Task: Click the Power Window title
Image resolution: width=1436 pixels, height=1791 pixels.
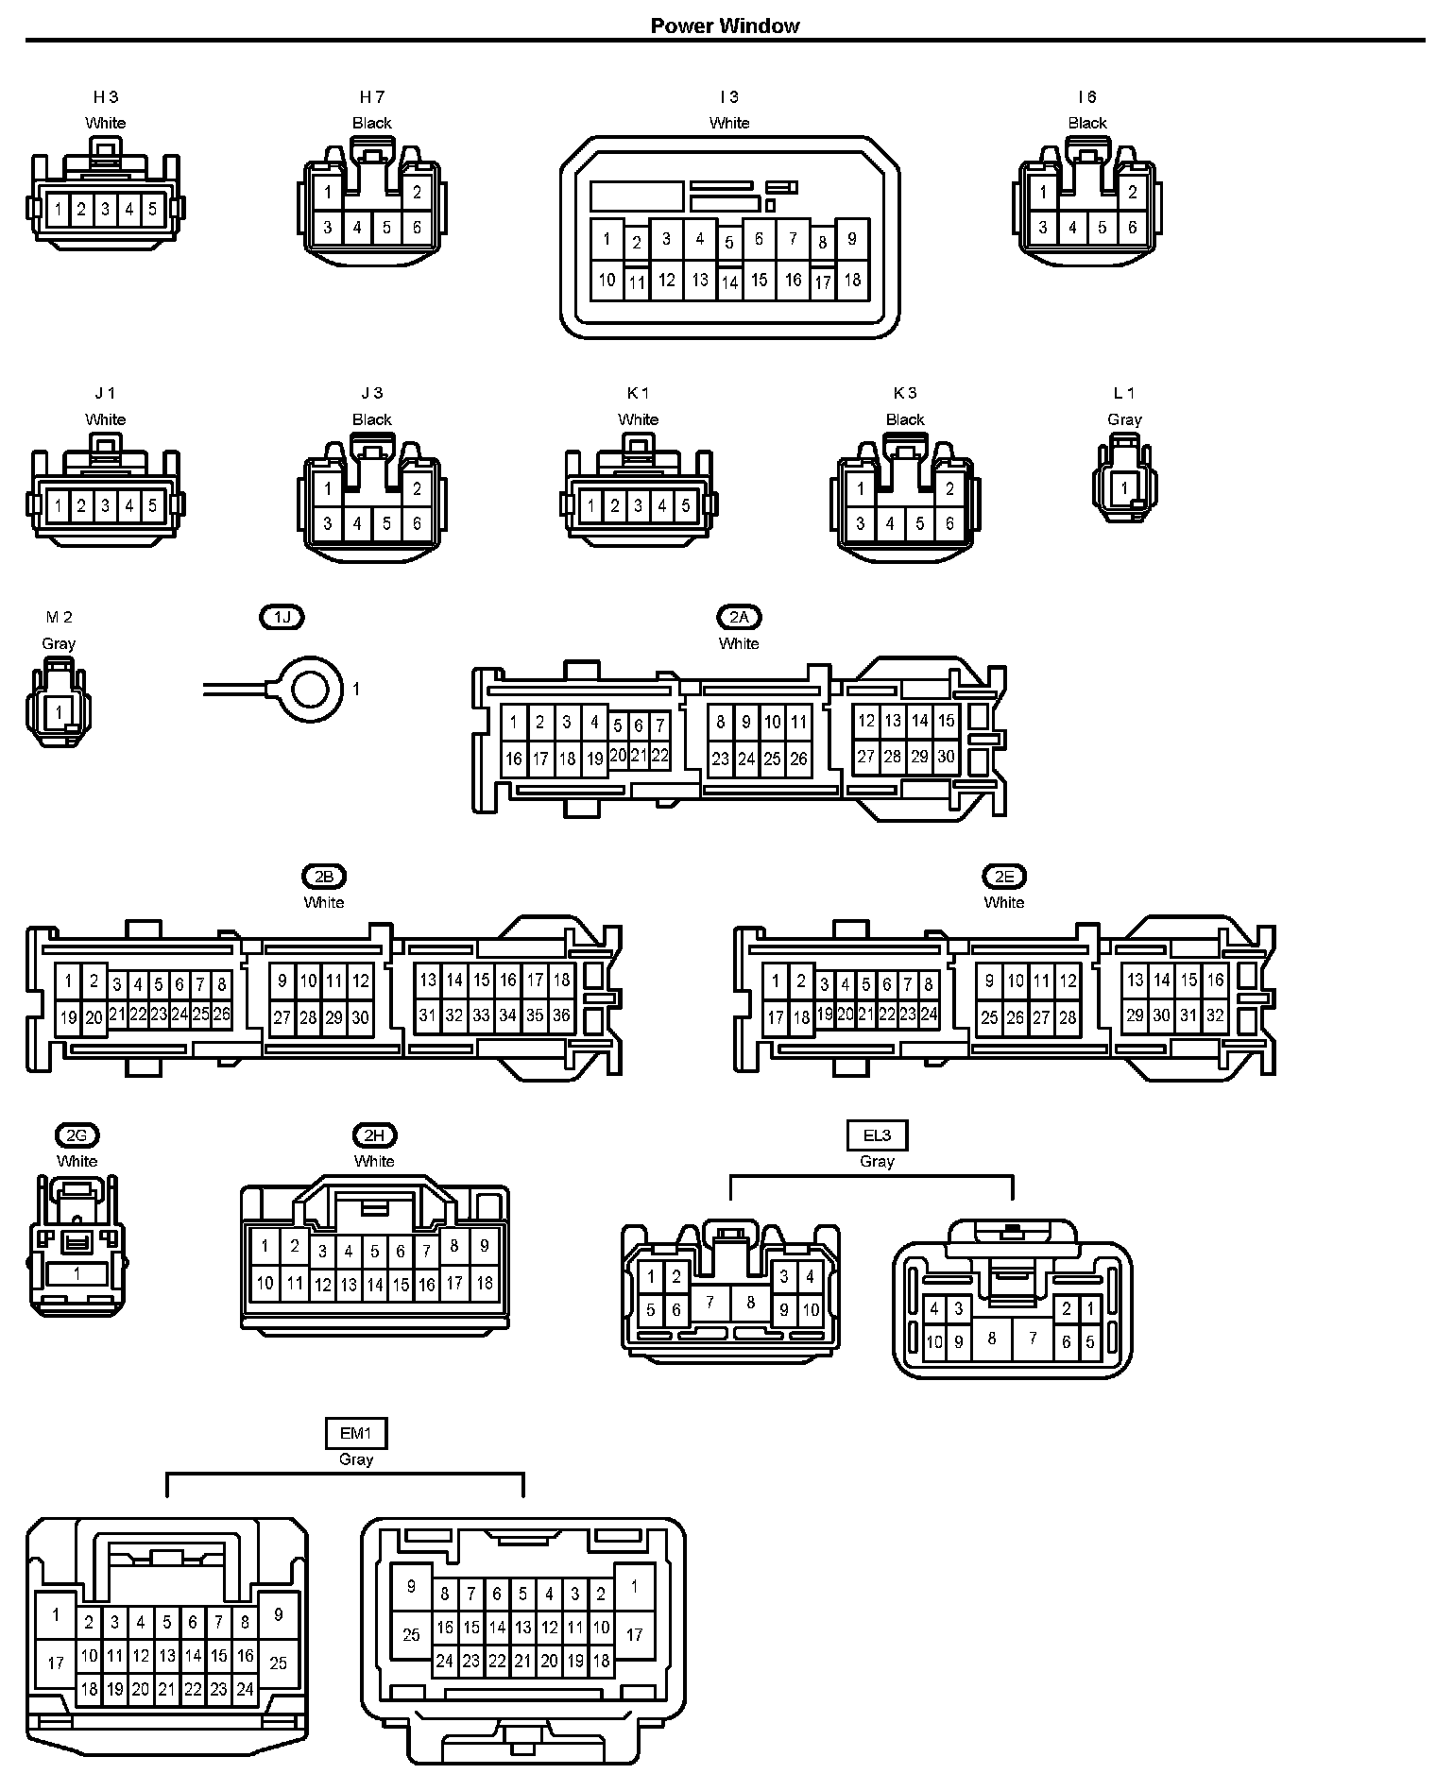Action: [x=725, y=26]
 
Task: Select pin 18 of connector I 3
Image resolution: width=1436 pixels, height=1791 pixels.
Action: [x=852, y=281]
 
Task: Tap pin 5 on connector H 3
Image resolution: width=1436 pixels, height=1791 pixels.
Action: [x=152, y=209]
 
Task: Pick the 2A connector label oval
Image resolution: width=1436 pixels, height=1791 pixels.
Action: [x=739, y=617]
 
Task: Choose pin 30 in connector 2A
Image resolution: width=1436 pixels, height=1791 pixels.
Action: [x=946, y=757]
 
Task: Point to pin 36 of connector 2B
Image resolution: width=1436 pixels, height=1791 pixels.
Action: [x=561, y=1016]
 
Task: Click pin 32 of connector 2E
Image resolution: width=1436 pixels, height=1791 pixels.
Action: [x=1215, y=1016]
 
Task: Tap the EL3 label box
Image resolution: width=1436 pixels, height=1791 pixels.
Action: [x=877, y=1135]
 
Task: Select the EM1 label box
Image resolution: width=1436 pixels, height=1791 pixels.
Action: [x=356, y=1433]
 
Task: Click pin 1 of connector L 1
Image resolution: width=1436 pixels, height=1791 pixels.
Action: [x=1123, y=488]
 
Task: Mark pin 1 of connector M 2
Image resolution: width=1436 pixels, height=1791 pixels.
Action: [x=60, y=712]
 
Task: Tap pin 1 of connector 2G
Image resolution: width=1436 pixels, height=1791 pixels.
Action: [x=77, y=1273]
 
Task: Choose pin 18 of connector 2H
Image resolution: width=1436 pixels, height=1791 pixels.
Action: [x=484, y=1283]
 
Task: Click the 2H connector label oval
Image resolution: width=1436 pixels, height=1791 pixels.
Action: [x=374, y=1135]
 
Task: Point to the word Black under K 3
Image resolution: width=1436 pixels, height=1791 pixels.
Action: [x=905, y=419]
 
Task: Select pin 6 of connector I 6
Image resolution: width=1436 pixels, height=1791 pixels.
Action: [x=1132, y=228]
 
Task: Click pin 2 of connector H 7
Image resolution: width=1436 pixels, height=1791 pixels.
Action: [x=417, y=193]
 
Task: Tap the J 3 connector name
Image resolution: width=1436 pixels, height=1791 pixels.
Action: [x=372, y=393]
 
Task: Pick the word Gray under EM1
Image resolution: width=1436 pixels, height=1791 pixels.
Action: [x=356, y=1459]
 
